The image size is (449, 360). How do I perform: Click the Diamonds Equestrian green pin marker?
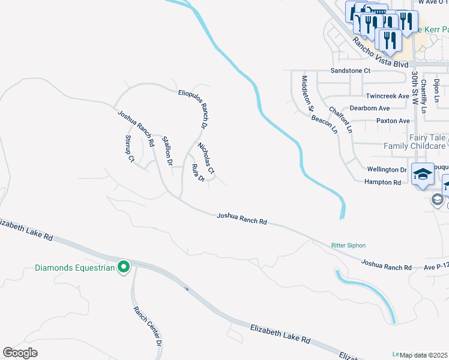click(x=124, y=267)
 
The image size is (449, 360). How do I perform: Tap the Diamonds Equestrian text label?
click(x=74, y=268)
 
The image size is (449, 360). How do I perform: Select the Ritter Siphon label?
click(x=348, y=245)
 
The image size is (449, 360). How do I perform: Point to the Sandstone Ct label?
click(x=351, y=70)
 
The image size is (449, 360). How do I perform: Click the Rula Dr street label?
click(x=198, y=173)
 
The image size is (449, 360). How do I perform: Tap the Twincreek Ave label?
click(x=387, y=96)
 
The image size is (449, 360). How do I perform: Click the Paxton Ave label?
click(x=393, y=121)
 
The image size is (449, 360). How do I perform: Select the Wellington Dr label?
click(x=387, y=170)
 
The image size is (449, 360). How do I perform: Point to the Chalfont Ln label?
click(x=341, y=120)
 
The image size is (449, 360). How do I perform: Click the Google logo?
click(x=20, y=353)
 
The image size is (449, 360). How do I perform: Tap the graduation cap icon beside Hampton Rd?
click(x=423, y=174)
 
